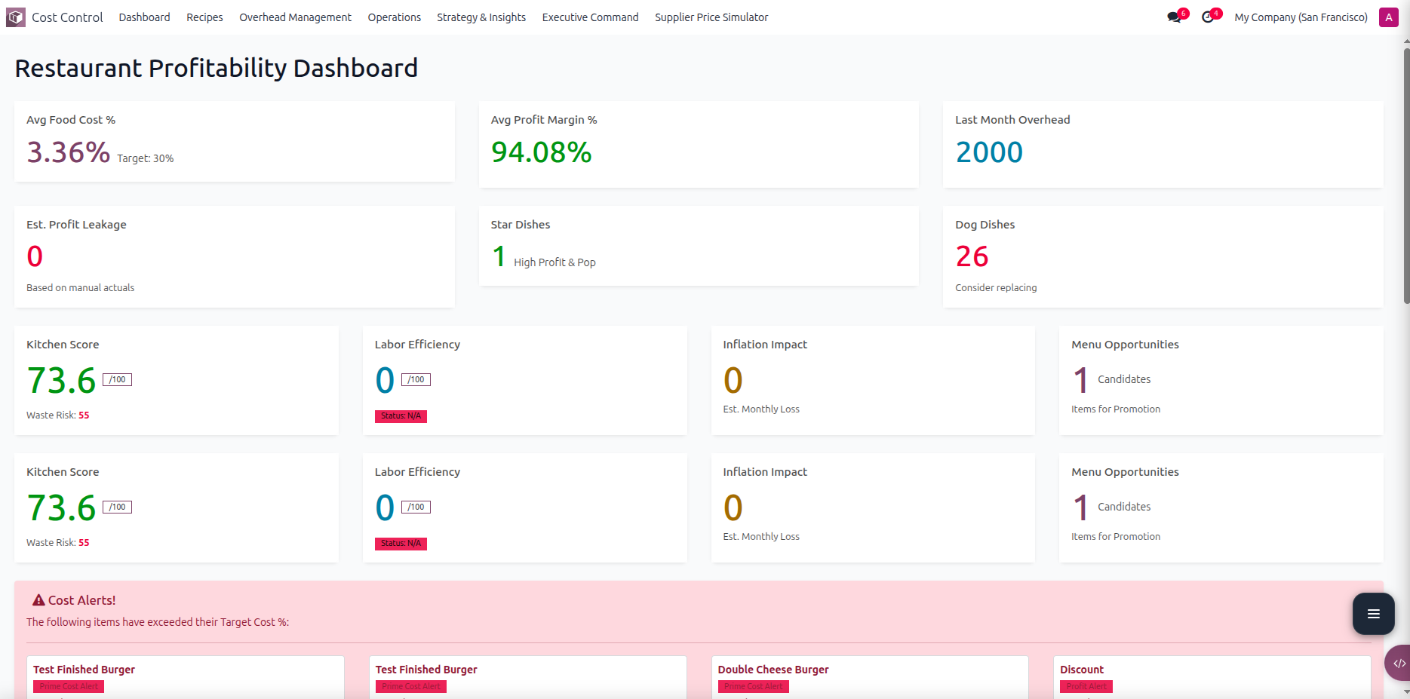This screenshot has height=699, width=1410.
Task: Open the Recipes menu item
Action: [204, 17]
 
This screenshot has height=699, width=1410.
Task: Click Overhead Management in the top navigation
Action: [295, 17]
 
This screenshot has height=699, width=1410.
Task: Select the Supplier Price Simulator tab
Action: [711, 17]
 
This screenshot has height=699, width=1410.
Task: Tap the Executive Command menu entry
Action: [590, 17]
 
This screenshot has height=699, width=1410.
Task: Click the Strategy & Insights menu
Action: [481, 17]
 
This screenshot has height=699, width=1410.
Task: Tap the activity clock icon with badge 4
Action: [1209, 17]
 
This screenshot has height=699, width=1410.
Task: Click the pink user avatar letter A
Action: [1388, 17]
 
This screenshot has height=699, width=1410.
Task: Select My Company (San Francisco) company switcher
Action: [1301, 17]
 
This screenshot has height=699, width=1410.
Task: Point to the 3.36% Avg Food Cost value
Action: [68, 152]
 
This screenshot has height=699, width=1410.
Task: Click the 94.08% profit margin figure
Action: [541, 152]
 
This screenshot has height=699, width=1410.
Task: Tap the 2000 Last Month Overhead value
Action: [988, 152]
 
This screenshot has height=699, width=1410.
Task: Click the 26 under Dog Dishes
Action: [972, 257]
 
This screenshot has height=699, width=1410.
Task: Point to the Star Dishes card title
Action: [520, 225]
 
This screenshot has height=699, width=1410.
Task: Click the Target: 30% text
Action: [145, 158]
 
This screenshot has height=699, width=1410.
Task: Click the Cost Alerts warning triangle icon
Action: [38, 600]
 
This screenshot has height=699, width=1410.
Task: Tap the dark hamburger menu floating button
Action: [1373, 614]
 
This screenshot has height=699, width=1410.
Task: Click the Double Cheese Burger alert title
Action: [773, 670]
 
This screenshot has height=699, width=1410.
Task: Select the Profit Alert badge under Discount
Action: [1086, 686]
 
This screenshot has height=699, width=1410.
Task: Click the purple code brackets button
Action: [1399, 664]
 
